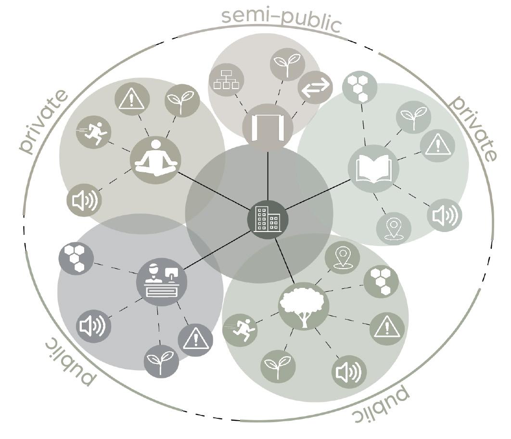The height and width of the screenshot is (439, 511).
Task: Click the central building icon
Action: click(268, 219)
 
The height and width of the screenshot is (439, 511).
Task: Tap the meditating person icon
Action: click(155, 159)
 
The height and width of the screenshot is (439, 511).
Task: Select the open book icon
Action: click(373, 169)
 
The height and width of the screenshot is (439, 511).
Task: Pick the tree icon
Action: click(303, 306)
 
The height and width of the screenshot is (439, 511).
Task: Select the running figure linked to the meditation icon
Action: click(93, 132)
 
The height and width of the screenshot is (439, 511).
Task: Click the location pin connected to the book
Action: click(394, 228)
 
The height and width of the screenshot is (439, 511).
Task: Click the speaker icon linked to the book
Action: click(444, 215)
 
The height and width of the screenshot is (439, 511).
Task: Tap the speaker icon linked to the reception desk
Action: click(94, 326)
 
